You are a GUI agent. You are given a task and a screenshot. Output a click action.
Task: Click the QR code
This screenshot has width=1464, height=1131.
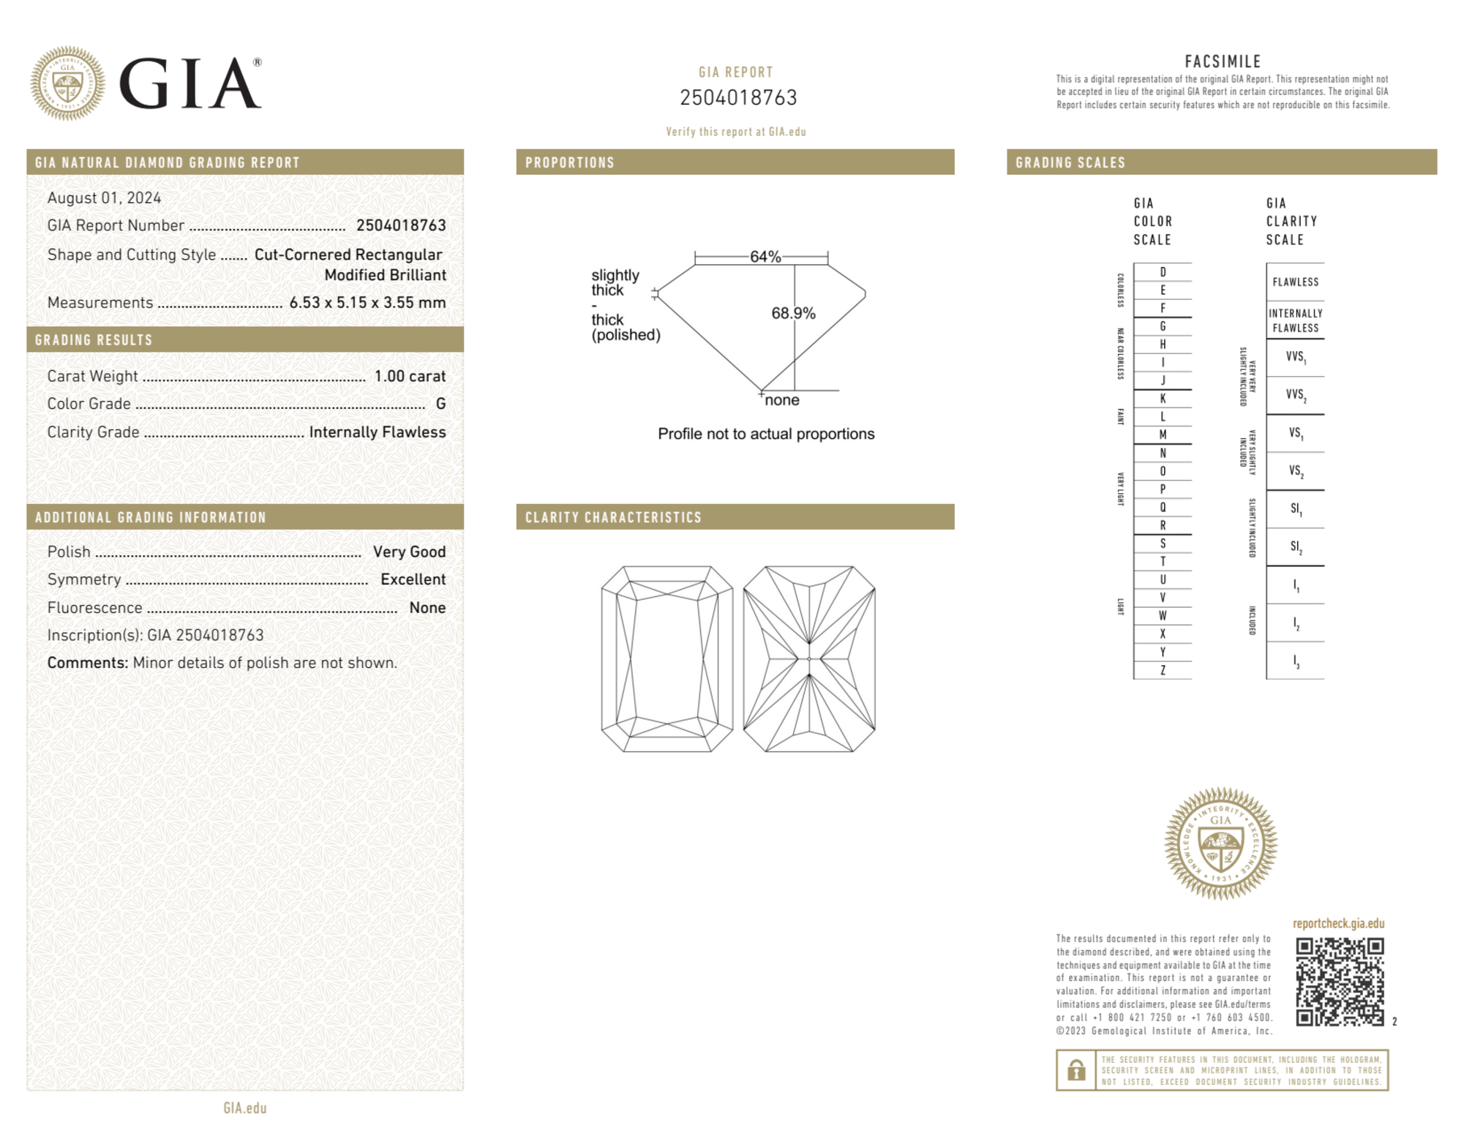click(1339, 981)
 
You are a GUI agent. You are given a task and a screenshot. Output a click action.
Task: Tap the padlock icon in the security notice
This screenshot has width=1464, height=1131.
click(1076, 1070)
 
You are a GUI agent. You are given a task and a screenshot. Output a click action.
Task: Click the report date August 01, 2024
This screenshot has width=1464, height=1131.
click(104, 198)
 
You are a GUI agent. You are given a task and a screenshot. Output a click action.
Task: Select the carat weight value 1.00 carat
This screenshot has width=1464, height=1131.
click(410, 376)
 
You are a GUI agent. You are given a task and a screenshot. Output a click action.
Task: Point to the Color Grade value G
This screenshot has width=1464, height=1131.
click(440, 404)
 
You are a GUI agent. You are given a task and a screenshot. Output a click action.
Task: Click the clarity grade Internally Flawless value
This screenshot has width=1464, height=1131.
click(377, 432)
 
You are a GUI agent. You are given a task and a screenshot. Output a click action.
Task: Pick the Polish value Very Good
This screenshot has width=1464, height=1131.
click(409, 552)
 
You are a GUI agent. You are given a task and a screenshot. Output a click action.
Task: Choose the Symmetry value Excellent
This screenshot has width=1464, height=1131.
click(413, 579)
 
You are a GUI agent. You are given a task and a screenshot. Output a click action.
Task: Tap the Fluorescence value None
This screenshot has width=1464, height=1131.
click(427, 608)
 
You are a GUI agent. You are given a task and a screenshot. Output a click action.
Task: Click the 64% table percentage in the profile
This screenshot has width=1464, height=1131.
click(765, 257)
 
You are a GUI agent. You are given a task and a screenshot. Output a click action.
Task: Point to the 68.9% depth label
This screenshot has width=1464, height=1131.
click(793, 313)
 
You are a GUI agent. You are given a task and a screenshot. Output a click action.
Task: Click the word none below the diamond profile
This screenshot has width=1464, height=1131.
click(781, 400)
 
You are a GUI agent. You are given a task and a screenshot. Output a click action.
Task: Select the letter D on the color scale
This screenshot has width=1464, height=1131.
click(1163, 272)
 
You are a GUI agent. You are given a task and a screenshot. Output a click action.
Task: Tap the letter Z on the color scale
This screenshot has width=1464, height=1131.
click(1163, 670)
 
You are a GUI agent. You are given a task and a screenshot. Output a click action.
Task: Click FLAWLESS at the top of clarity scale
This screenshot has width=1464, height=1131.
click(1295, 282)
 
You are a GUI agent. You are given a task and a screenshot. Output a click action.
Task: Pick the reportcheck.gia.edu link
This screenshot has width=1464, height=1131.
click(1338, 923)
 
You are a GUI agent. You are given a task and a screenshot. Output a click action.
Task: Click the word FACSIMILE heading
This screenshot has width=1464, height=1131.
click(1222, 62)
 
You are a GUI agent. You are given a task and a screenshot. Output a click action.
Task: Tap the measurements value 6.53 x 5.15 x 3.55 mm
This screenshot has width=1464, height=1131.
click(367, 303)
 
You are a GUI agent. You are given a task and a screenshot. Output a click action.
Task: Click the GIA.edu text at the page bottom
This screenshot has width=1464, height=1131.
click(245, 1108)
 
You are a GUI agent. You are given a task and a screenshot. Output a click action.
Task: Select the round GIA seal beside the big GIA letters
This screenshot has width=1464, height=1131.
click(67, 83)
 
